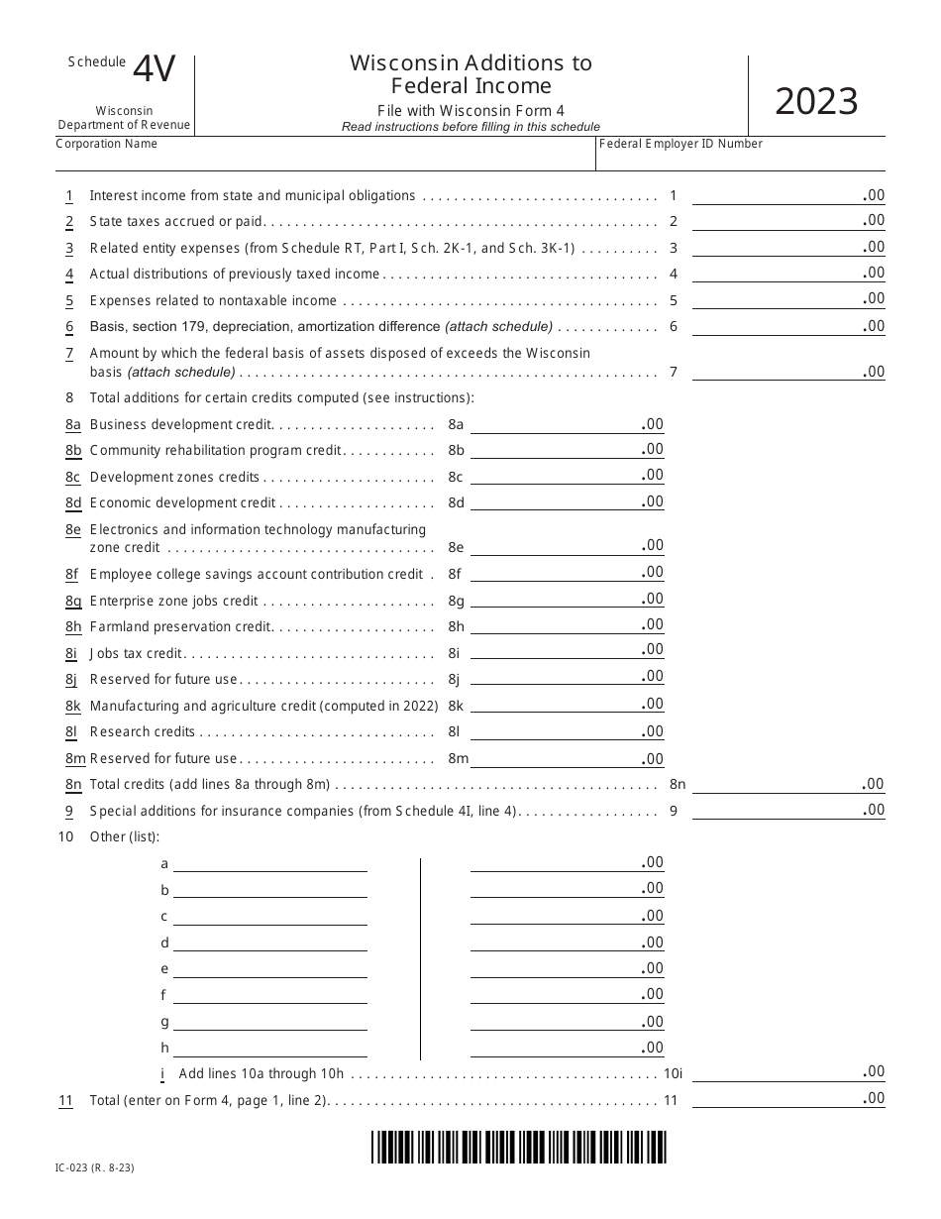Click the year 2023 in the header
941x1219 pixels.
coord(816,102)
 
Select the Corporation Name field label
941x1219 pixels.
coord(107,144)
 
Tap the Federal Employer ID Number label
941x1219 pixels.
coord(681,144)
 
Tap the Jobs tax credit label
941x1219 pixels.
coord(137,653)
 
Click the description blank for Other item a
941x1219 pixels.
coord(269,863)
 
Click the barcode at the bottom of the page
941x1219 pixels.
coord(519,1147)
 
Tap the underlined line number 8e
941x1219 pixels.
coord(73,530)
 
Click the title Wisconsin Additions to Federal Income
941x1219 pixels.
coord(470,74)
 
